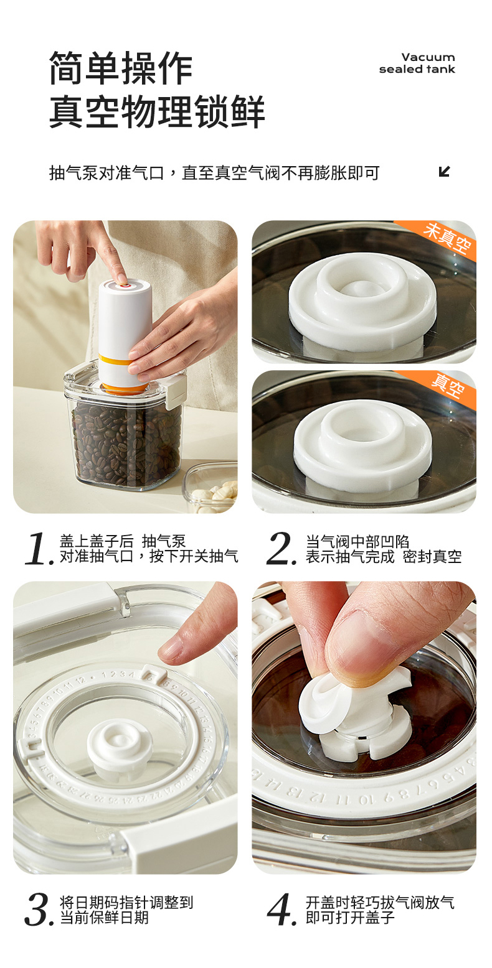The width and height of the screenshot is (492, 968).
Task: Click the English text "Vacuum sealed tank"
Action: click(x=417, y=63)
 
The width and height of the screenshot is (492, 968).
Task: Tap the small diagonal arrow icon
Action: click(x=445, y=172)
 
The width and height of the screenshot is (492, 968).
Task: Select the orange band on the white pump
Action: click(x=115, y=360)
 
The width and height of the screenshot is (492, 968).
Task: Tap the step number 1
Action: click(x=38, y=549)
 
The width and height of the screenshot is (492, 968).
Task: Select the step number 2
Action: click(x=281, y=549)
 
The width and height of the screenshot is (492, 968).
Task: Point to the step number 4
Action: click(x=282, y=910)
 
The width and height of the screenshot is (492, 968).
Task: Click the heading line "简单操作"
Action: click(x=121, y=68)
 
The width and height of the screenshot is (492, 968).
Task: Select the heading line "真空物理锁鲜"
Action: click(x=157, y=112)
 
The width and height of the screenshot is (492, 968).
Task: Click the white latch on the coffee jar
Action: click(x=176, y=391)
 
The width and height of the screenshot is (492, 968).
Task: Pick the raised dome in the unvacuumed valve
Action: click(x=361, y=288)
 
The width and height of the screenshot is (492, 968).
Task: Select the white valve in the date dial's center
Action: click(x=120, y=745)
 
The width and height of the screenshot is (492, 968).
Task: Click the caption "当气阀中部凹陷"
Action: click(x=357, y=541)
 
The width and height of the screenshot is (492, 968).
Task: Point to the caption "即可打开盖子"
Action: click(x=350, y=916)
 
